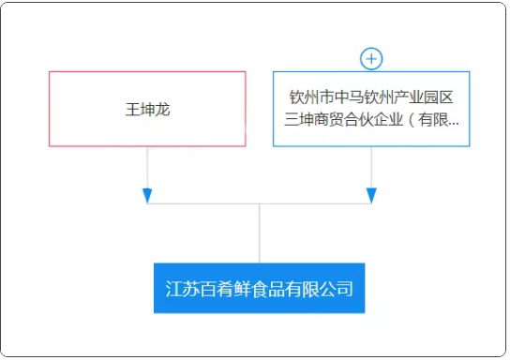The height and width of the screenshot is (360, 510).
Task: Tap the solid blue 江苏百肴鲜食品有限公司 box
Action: point(259,288)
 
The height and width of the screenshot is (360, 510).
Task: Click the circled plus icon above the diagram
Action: point(372,58)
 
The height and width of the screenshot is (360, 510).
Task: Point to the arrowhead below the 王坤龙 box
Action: point(147,195)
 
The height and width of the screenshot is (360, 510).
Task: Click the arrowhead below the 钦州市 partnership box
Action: point(372,195)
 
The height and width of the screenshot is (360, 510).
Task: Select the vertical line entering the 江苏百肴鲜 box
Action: point(260,234)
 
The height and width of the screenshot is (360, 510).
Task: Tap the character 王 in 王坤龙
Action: point(132,109)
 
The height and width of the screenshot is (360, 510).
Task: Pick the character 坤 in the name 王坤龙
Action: point(147,109)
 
